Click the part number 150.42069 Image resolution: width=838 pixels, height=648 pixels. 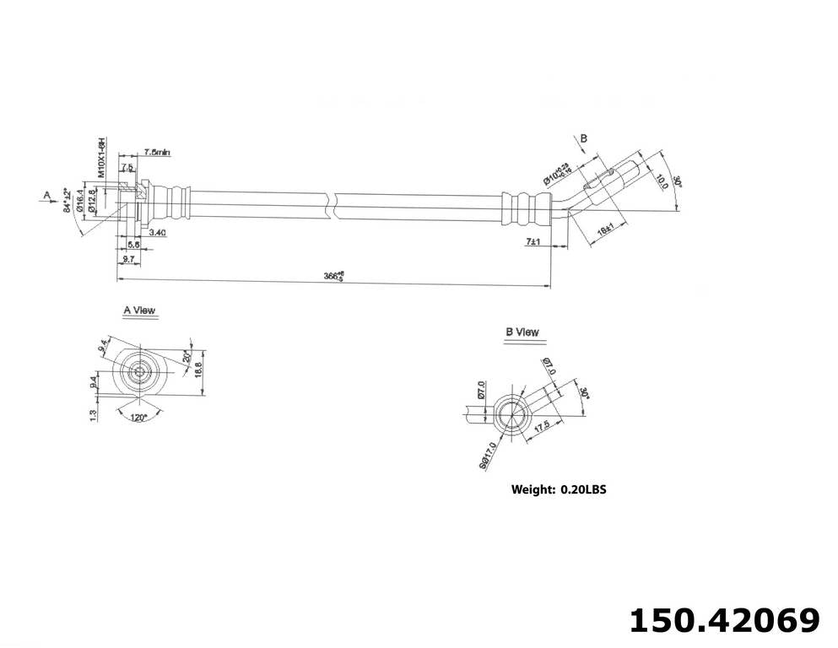[x=724, y=620]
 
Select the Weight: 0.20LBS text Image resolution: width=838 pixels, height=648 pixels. [x=559, y=489]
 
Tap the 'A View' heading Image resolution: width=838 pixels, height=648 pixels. [x=139, y=310]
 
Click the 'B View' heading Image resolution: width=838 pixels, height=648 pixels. [x=522, y=332]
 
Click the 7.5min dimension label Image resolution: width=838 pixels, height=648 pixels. [x=157, y=152]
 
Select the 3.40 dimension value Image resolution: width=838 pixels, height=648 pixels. [x=157, y=231]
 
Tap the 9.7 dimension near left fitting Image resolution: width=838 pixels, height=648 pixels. [x=128, y=259]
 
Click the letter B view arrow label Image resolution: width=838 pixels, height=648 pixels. [x=583, y=138]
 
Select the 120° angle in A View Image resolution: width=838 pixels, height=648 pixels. [x=138, y=416]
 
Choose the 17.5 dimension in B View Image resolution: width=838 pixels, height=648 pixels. [x=542, y=428]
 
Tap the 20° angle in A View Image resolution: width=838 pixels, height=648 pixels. [x=187, y=357]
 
